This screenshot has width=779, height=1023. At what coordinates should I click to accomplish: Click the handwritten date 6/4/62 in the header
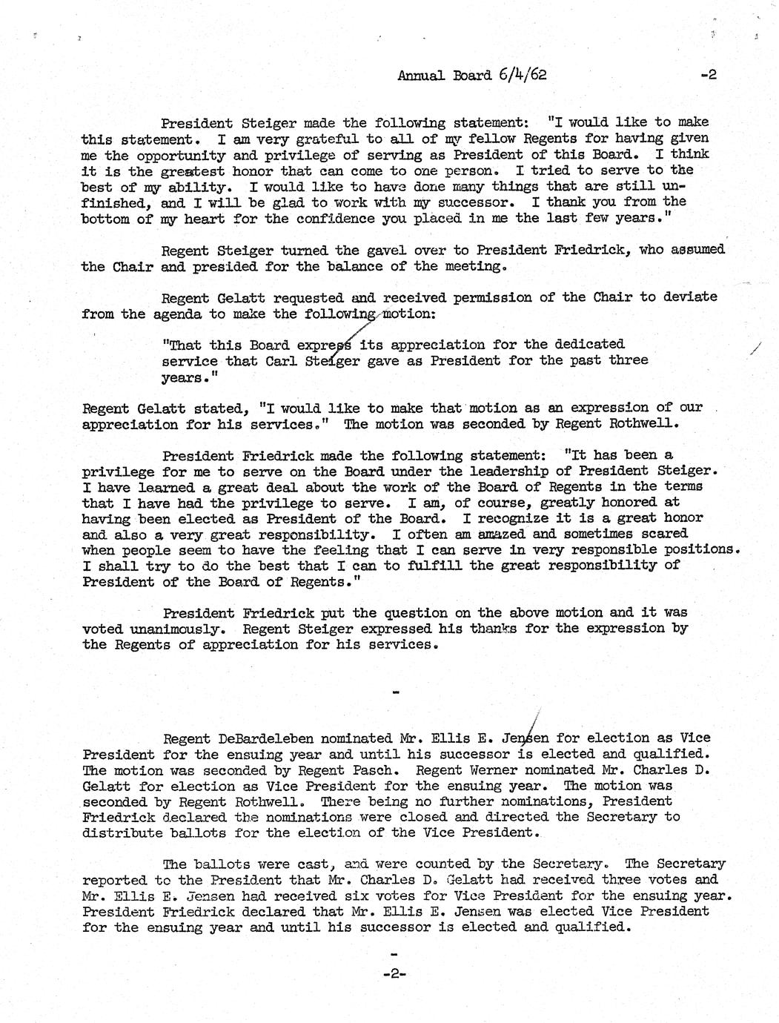(x=523, y=74)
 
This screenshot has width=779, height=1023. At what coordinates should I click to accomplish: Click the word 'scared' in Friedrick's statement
(x=663, y=534)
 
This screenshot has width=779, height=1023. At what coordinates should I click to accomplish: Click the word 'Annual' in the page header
(x=421, y=75)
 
